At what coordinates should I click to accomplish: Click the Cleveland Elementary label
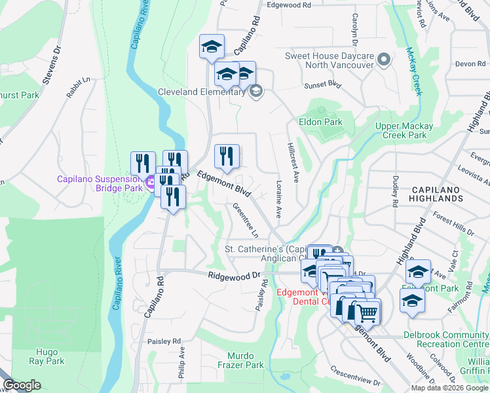(200, 92)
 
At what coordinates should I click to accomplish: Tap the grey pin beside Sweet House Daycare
(385, 60)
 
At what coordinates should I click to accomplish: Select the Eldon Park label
(320, 122)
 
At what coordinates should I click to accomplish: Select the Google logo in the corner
(22, 385)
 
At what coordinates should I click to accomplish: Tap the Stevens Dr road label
(52, 65)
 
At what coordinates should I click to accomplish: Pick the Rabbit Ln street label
(77, 88)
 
